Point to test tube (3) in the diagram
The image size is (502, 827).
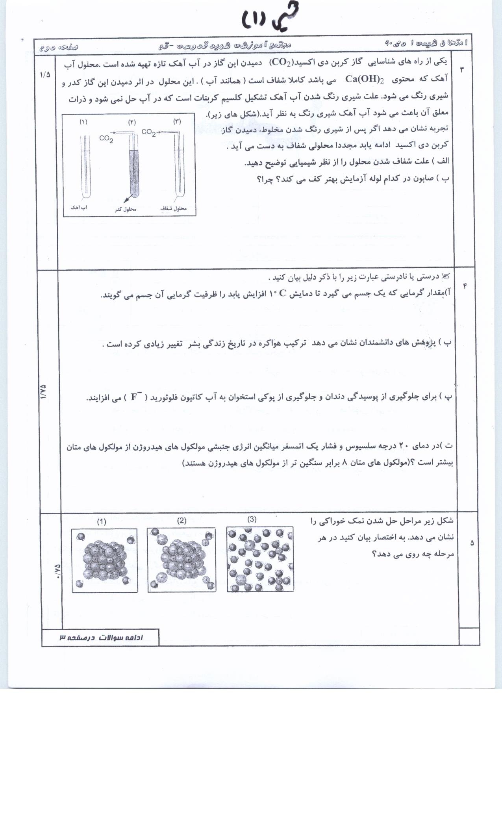(x=179, y=165)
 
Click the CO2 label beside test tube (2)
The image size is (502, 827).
(x=106, y=139)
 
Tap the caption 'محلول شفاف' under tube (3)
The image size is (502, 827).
(x=174, y=208)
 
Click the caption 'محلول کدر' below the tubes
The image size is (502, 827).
(x=126, y=209)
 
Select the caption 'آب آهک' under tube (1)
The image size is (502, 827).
(x=79, y=208)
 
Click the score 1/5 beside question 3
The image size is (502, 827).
(x=45, y=74)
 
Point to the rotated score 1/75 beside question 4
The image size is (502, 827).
(x=43, y=392)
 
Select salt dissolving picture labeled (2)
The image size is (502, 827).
(x=182, y=559)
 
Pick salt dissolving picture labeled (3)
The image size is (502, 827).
(x=260, y=559)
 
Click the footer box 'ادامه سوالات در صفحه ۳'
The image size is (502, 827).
(x=101, y=638)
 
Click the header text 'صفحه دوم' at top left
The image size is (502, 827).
(x=59, y=47)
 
